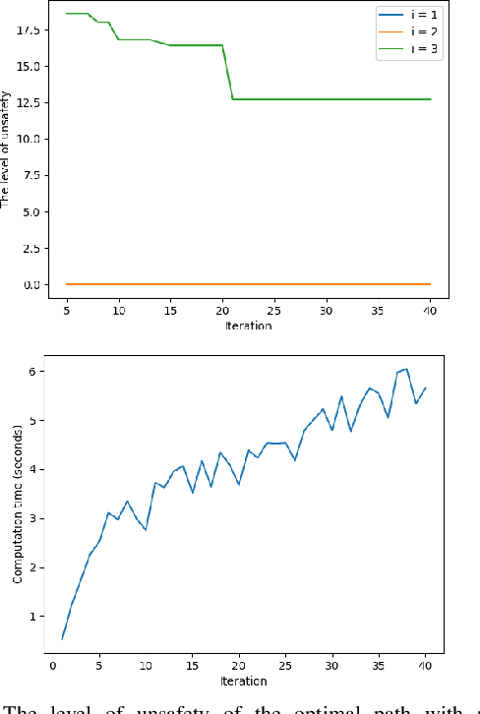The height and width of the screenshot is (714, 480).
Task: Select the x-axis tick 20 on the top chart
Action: coord(222,310)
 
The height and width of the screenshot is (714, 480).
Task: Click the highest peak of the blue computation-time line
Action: coord(405,369)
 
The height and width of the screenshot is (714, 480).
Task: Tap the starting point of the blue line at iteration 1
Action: coord(62,639)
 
